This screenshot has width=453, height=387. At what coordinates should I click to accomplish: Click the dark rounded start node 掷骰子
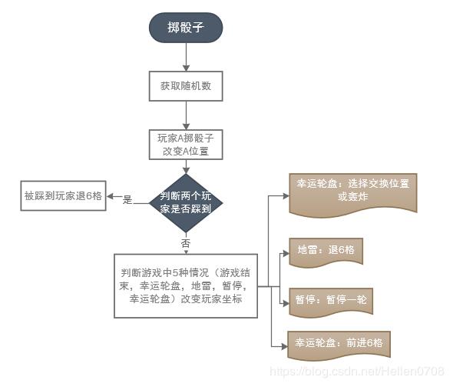pyautogui.click(x=186, y=28)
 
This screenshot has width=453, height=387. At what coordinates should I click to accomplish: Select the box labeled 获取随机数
pyautogui.click(x=186, y=86)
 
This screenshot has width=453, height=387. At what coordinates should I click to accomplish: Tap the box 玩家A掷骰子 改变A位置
pyautogui.click(x=186, y=145)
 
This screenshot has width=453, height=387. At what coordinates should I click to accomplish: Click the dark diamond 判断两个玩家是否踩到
pyautogui.click(x=186, y=203)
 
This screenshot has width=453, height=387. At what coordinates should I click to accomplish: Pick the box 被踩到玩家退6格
pyautogui.click(x=63, y=195)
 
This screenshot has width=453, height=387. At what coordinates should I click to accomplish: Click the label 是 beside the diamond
pyautogui.click(x=127, y=200)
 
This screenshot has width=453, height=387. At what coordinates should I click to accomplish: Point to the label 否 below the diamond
pyautogui.click(x=186, y=243)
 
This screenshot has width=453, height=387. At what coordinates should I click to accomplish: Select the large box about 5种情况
pyautogui.click(x=186, y=286)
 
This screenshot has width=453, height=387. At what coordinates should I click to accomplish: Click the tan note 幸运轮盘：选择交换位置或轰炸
pyautogui.click(x=353, y=195)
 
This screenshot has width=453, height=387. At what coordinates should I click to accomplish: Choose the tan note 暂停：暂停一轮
pyautogui.click(x=331, y=302)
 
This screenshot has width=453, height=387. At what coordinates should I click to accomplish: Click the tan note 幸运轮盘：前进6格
pyautogui.click(x=339, y=345)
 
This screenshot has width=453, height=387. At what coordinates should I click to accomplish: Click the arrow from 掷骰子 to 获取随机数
pyautogui.click(x=186, y=57)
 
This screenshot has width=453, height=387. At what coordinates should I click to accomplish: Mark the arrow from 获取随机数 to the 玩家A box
pyautogui.click(x=186, y=115)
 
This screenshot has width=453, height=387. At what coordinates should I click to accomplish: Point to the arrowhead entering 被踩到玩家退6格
pyautogui.click(x=110, y=196)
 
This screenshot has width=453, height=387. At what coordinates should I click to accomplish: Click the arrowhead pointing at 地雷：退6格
pyautogui.click(x=286, y=254)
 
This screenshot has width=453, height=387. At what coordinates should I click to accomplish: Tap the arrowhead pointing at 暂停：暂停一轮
pyautogui.click(x=286, y=303)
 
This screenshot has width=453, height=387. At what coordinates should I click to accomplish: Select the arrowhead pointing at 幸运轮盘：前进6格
pyautogui.click(x=285, y=346)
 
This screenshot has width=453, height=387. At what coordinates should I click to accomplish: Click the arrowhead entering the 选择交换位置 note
pyautogui.click(x=286, y=196)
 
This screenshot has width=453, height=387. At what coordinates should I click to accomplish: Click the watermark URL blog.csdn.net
pyautogui.click(x=357, y=372)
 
